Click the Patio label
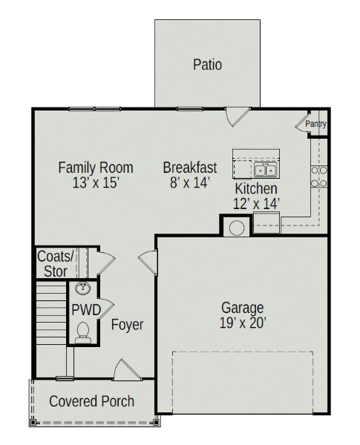(207, 65)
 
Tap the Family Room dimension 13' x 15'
(96, 182)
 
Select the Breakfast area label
(190, 168)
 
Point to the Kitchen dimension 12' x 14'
(256, 203)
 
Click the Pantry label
(316, 124)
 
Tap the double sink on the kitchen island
(265, 170)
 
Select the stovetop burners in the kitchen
(318, 177)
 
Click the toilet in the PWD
(83, 332)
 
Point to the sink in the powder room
(83, 288)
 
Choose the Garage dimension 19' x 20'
(243, 323)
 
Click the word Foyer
(127, 325)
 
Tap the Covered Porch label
(91, 401)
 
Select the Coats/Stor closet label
(56, 263)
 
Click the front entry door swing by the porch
(127, 369)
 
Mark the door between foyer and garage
(148, 263)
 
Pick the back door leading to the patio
(238, 116)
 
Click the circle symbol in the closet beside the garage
(236, 228)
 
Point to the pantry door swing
(303, 122)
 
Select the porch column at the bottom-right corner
(156, 423)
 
